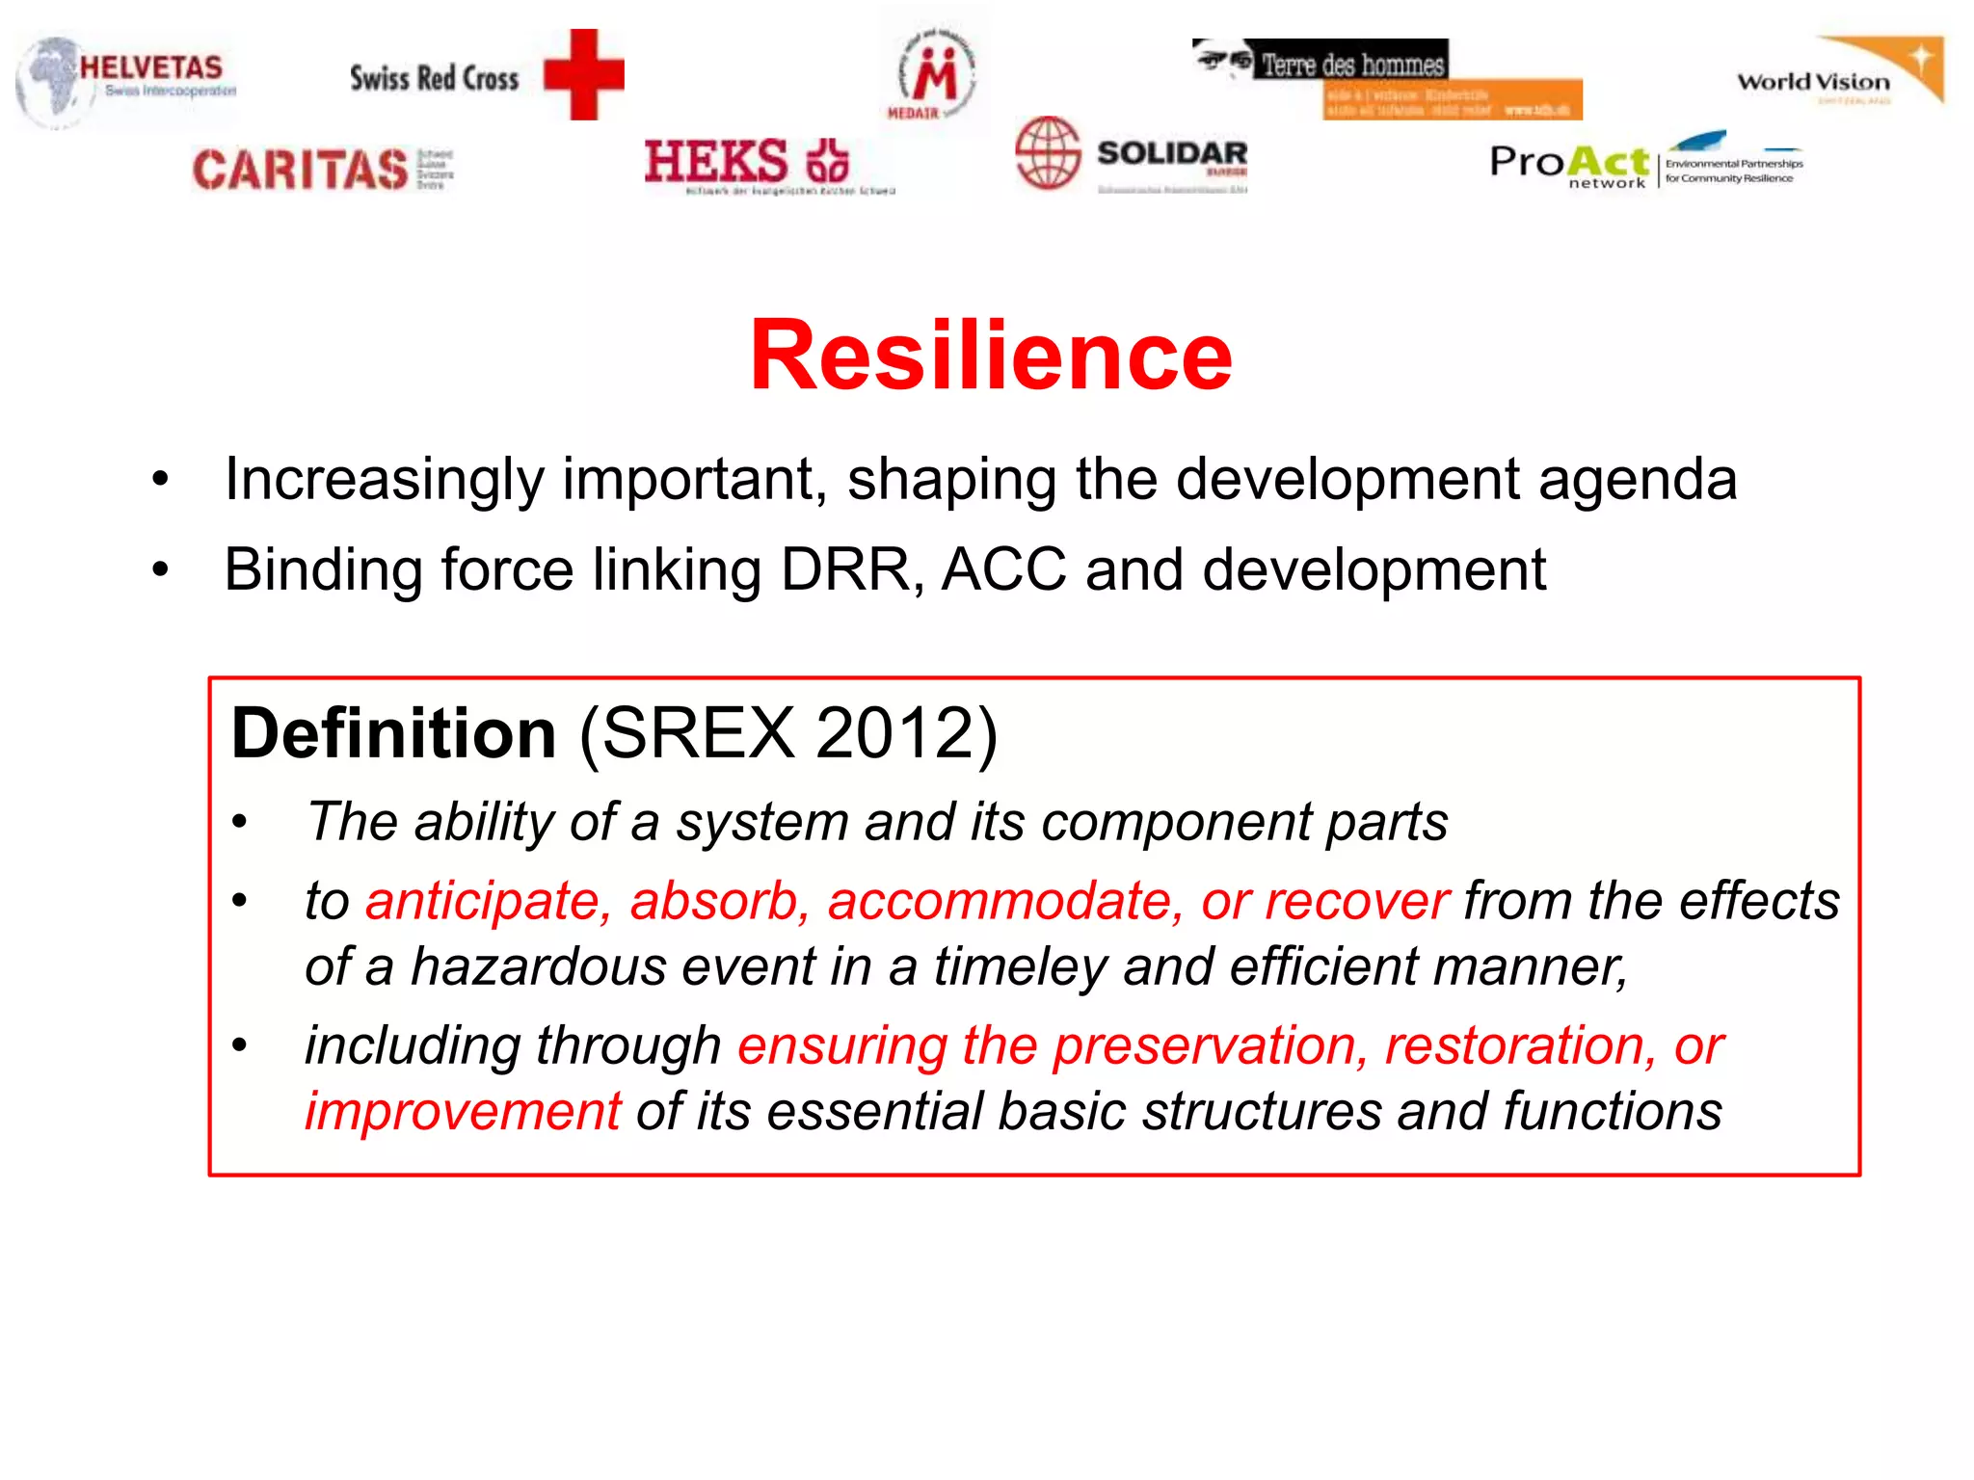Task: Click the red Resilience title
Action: (991, 356)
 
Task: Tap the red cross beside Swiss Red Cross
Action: (583, 74)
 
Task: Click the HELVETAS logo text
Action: (151, 67)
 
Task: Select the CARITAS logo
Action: (301, 170)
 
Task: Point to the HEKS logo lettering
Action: (716, 161)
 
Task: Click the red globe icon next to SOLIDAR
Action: (1048, 152)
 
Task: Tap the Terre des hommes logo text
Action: (1352, 65)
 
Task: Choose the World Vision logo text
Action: (1813, 82)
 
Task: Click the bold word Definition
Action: (394, 733)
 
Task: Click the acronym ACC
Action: (1003, 569)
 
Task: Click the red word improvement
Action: (464, 1111)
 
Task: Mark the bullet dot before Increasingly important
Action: (160, 479)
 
